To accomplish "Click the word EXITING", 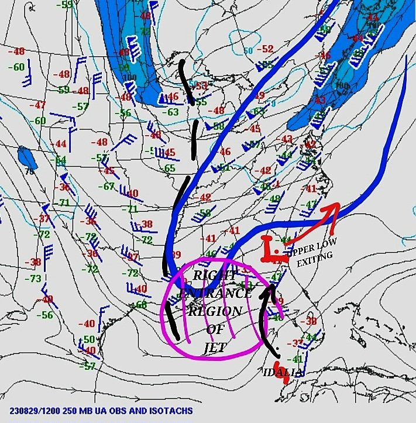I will pos(313,264).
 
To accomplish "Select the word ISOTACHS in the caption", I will pos(169,411).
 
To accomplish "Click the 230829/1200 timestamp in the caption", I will pos(35,411).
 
